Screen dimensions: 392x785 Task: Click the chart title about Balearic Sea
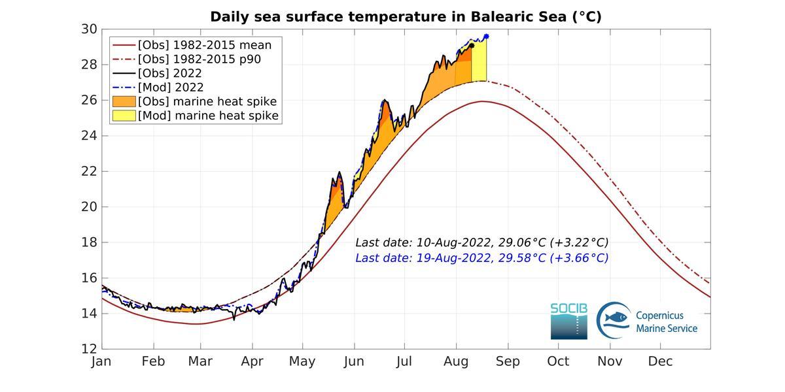(x=406, y=17)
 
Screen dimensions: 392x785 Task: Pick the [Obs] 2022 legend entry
(x=169, y=73)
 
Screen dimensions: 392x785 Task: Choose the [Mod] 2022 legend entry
(x=170, y=87)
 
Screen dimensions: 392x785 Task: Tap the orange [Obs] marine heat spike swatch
(x=124, y=101)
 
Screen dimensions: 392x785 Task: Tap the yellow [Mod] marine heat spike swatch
(x=124, y=116)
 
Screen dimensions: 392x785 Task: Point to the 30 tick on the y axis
(x=90, y=29)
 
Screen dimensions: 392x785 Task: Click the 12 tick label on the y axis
(x=90, y=348)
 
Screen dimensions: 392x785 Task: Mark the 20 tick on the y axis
(x=90, y=206)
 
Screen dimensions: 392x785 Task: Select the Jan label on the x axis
(x=101, y=361)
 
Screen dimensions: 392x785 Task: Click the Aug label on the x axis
(x=456, y=361)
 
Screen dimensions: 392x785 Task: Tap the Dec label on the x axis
(x=660, y=361)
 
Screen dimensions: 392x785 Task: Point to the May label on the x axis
(x=302, y=361)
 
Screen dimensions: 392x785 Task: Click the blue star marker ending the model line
(x=486, y=37)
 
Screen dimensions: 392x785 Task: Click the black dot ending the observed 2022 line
(x=472, y=45)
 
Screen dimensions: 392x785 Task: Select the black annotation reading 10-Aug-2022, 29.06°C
(x=481, y=242)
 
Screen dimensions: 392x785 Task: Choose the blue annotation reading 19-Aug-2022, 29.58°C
(x=481, y=258)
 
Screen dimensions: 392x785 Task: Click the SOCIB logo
(x=568, y=320)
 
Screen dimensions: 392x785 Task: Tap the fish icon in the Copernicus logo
(x=614, y=318)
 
